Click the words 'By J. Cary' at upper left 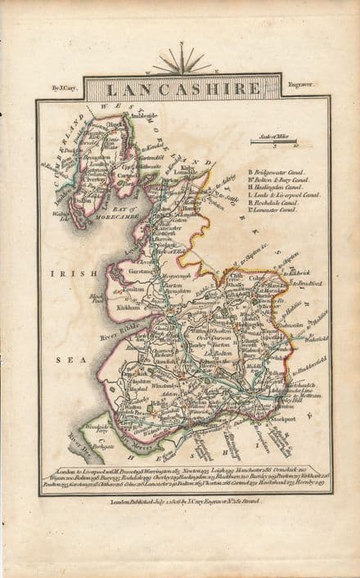pos(66,84)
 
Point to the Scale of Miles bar pos(273,142)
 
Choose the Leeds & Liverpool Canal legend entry pos(283,195)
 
